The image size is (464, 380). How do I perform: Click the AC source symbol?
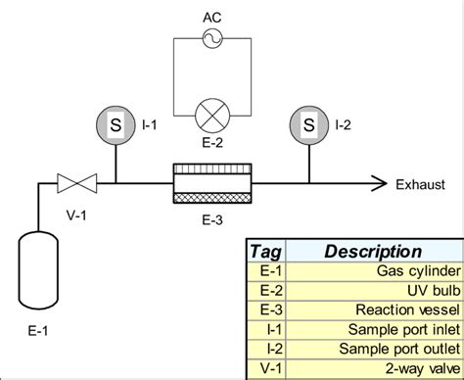point(211,38)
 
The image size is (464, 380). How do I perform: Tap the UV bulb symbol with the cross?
point(211,115)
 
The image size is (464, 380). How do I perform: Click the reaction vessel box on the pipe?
point(211,183)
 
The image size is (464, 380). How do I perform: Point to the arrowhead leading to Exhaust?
point(373,182)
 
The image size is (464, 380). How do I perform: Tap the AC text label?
point(211,17)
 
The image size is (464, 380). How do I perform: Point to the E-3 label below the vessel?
point(211,213)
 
